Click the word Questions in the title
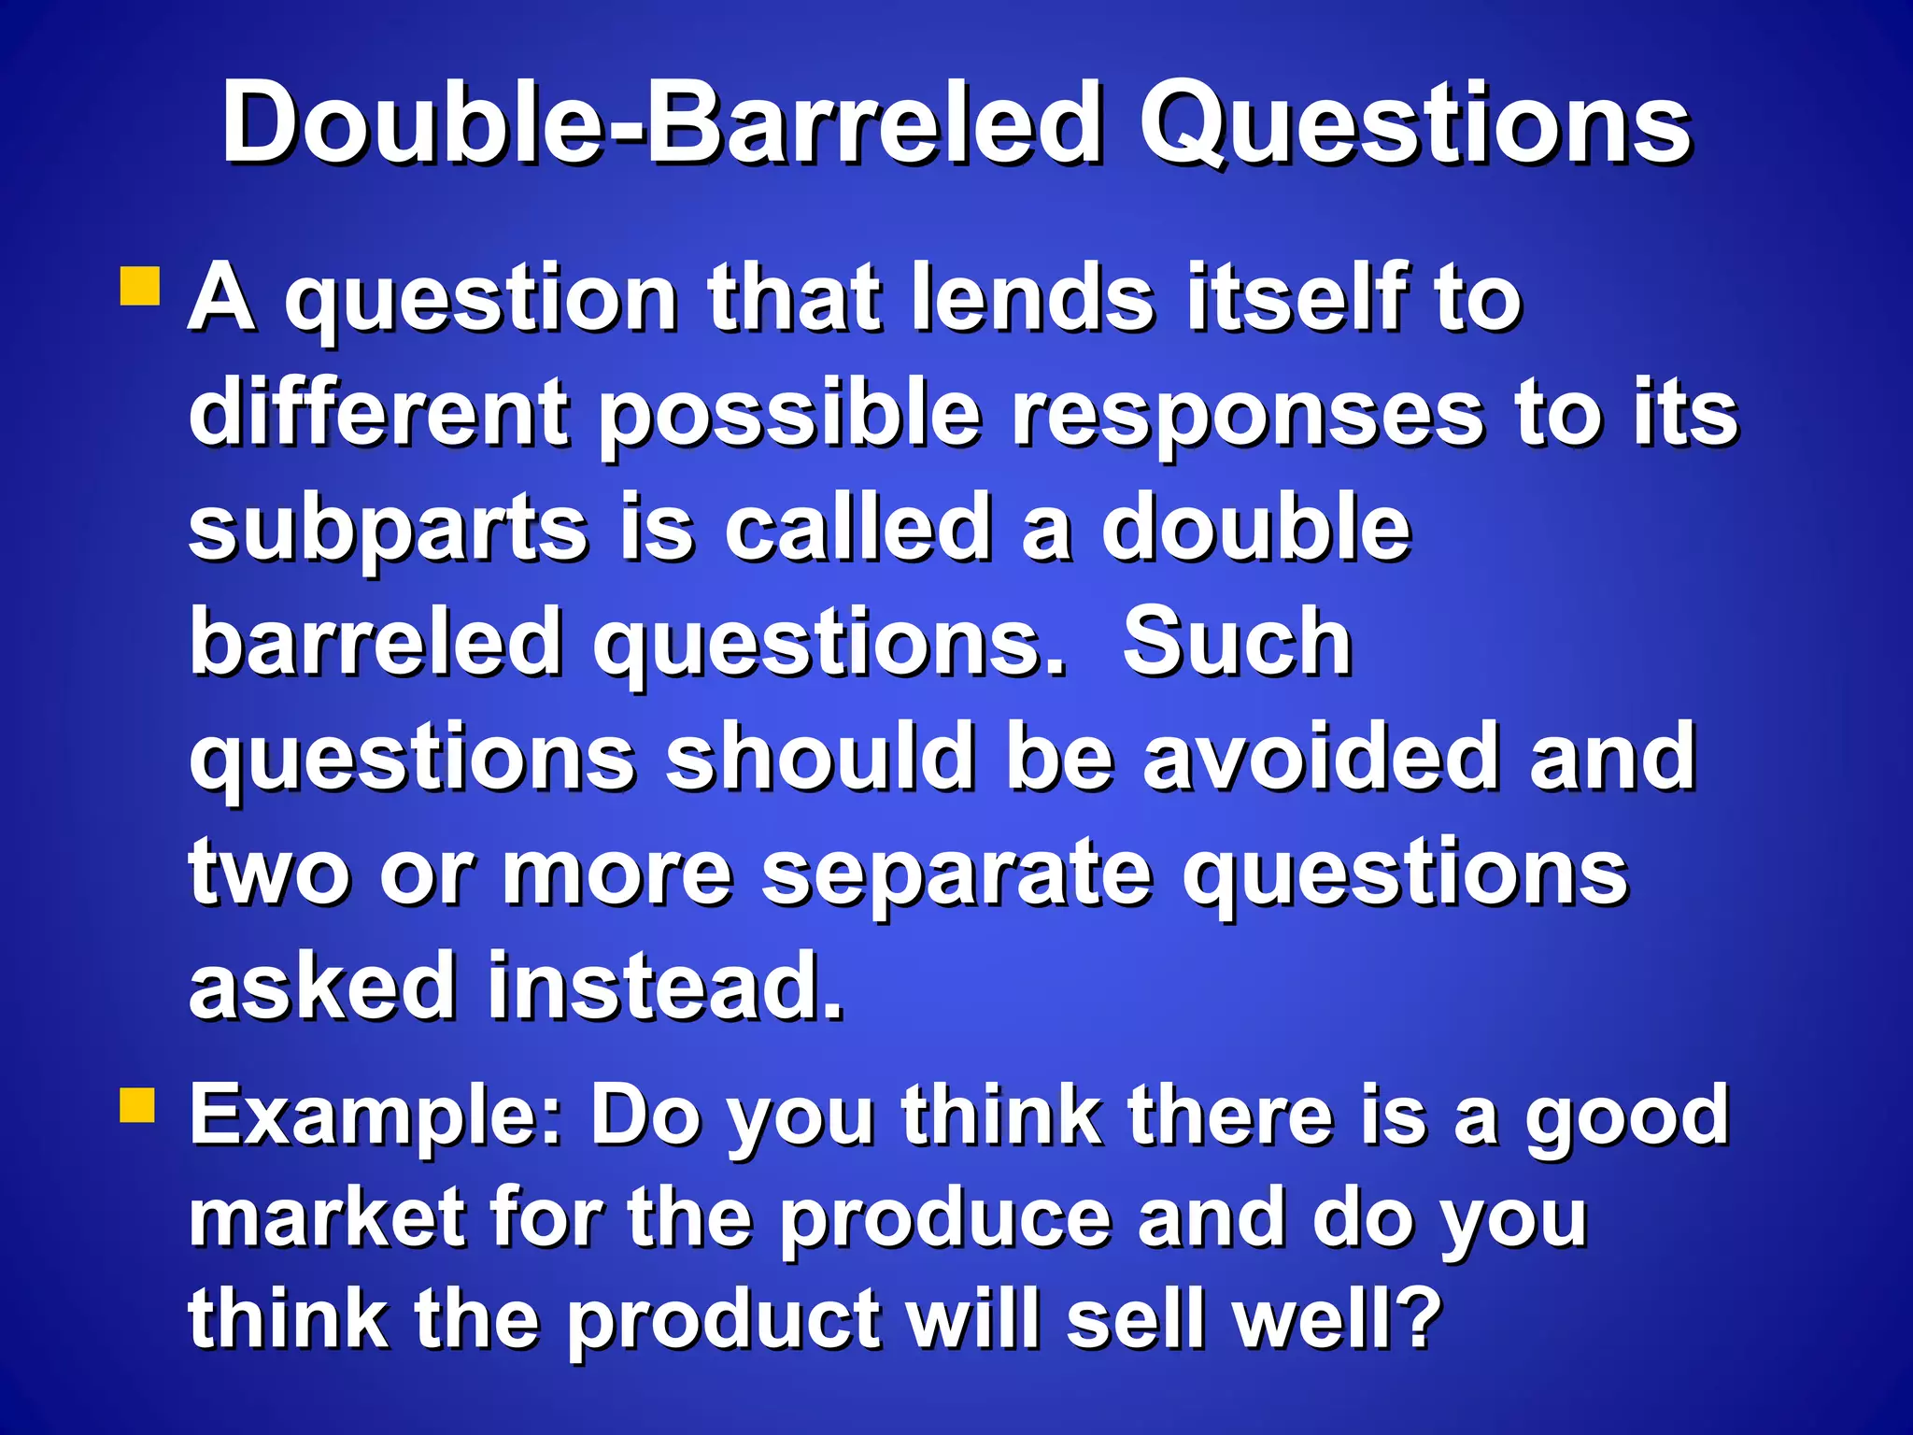pos(1415,126)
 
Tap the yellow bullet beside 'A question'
pos(141,287)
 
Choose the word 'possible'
pos(790,416)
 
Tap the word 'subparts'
pos(388,531)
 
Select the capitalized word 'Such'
pos(1237,642)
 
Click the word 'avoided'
pos(1321,757)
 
